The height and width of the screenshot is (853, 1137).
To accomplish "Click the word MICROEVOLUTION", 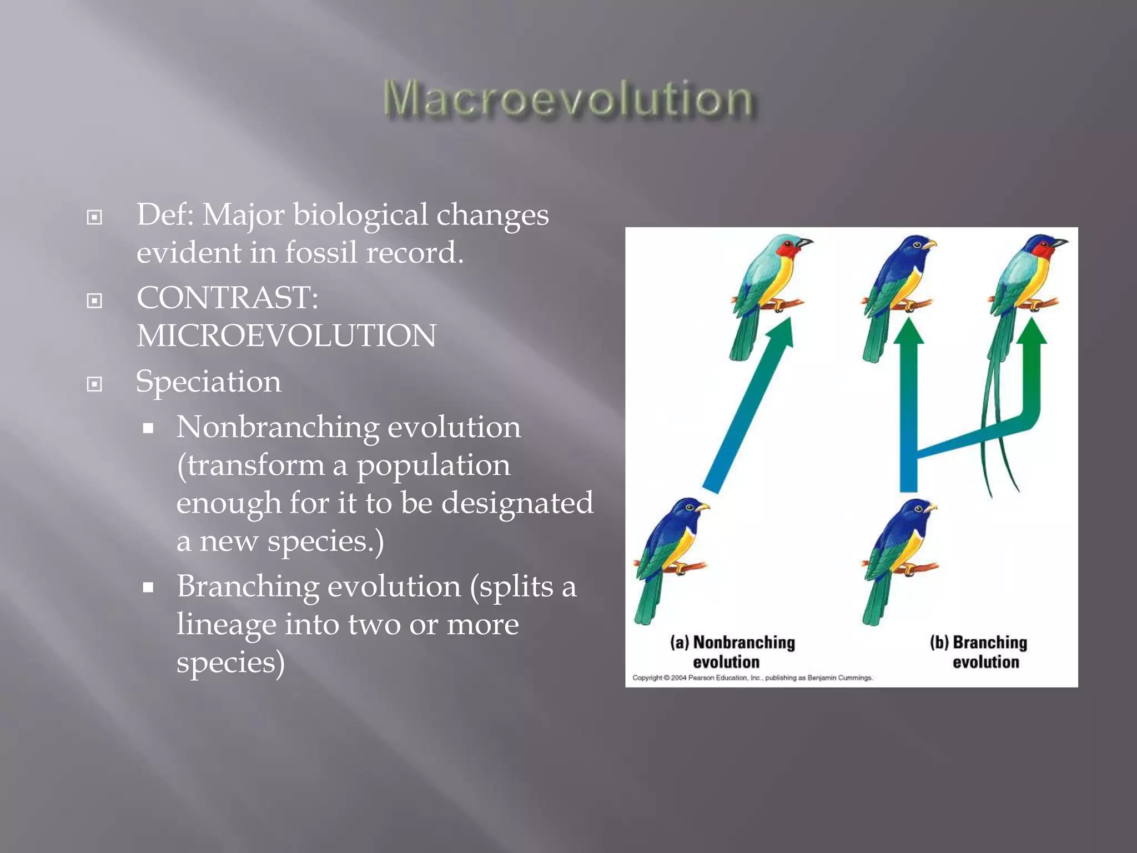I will click(x=286, y=336).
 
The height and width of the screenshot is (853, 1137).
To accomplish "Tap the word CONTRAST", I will click(x=224, y=298).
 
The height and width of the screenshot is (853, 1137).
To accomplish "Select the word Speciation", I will click(x=208, y=382).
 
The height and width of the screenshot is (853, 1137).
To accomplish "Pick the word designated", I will click(x=517, y=503).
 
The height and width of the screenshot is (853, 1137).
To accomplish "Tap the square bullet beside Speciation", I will click(x=95, y=384).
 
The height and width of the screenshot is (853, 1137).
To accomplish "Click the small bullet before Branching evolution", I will click(x=148, y=588).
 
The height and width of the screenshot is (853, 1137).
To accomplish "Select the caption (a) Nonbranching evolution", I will click(x=732, y=652).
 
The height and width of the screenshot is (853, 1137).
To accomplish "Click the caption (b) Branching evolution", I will click(x=979, y=652).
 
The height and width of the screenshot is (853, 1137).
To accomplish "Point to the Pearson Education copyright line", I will click(x=752, y=678).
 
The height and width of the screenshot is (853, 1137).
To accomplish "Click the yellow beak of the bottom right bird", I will click(x=930, y=508).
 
